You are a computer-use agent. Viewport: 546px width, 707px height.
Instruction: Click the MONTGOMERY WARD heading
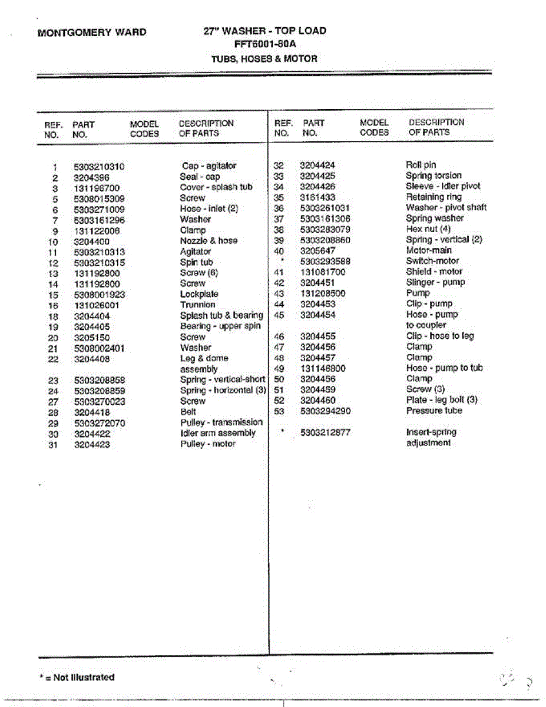92,32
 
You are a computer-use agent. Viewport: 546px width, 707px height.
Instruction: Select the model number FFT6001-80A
263,44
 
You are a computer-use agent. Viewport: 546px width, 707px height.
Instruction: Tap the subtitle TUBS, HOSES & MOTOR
264,59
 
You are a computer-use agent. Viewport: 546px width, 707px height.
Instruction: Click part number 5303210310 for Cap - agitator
100,167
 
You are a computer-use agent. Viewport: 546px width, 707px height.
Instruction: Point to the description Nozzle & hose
209,241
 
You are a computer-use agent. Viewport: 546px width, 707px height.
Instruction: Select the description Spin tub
196,262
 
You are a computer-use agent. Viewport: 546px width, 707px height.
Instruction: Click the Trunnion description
198,305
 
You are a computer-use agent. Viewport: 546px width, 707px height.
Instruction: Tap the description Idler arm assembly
218,433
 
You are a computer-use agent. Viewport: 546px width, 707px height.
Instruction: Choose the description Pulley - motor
208,444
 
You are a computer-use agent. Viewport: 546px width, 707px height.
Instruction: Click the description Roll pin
421,165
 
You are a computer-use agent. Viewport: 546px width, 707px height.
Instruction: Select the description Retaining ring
434,197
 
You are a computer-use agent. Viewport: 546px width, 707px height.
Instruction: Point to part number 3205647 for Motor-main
319,250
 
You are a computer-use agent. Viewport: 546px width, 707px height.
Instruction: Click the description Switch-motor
432,261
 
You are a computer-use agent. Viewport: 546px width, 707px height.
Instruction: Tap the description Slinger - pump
435,283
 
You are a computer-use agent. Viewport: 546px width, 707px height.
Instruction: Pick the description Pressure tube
434,411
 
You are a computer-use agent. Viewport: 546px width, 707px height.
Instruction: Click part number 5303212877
325,432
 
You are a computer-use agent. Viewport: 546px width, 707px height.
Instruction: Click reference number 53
280,411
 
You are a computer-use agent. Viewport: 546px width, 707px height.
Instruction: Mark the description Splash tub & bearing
221,316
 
